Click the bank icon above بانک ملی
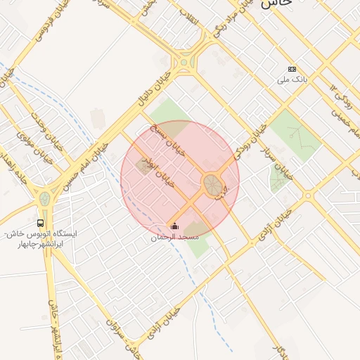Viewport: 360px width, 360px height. (x=292, y=69)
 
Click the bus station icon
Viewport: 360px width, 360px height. (x=40, y=224)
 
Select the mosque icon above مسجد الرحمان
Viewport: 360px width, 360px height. (x=175, y=227)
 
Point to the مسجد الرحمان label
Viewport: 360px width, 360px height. (x=175, y=238)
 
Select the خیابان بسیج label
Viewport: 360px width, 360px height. (x=168, y=140)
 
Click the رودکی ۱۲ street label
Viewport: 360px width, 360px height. (x=342, y=98)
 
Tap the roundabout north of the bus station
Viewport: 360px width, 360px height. (x=45, y=199)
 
